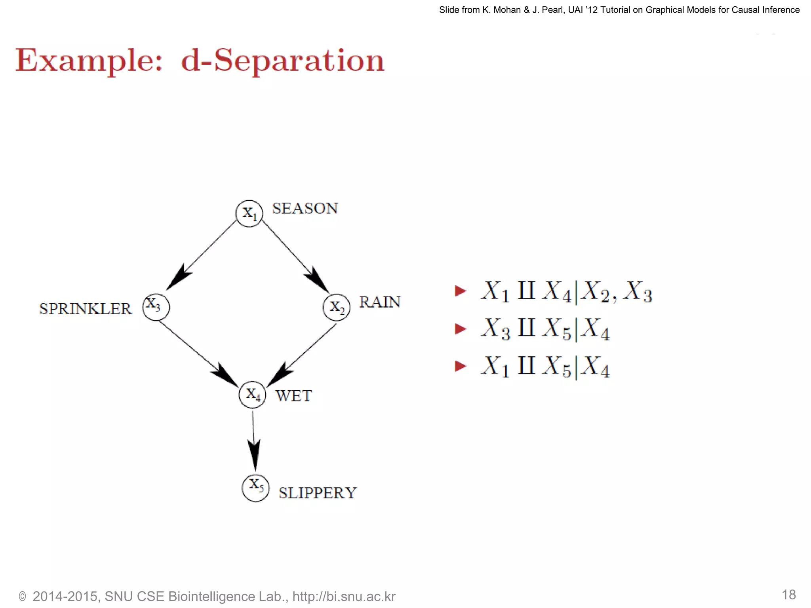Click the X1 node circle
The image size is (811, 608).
249,214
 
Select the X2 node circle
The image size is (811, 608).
336,307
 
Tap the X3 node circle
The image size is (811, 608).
156,307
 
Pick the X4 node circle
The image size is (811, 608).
253,395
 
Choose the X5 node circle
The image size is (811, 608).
255,488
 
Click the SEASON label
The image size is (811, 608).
305,209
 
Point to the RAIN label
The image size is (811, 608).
380,302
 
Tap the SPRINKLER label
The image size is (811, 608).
86,309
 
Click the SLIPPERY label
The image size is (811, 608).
318,493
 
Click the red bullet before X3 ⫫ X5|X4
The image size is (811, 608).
461,329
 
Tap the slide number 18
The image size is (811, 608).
788,595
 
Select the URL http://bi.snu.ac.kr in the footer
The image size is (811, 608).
344,597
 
